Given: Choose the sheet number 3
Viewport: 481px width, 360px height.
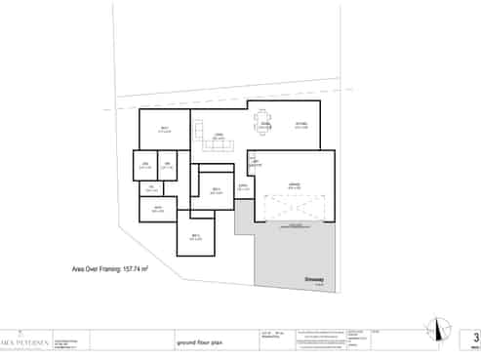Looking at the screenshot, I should click(x=474, y=338).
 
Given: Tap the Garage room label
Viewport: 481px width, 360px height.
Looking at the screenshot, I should click(x=293, y=184).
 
